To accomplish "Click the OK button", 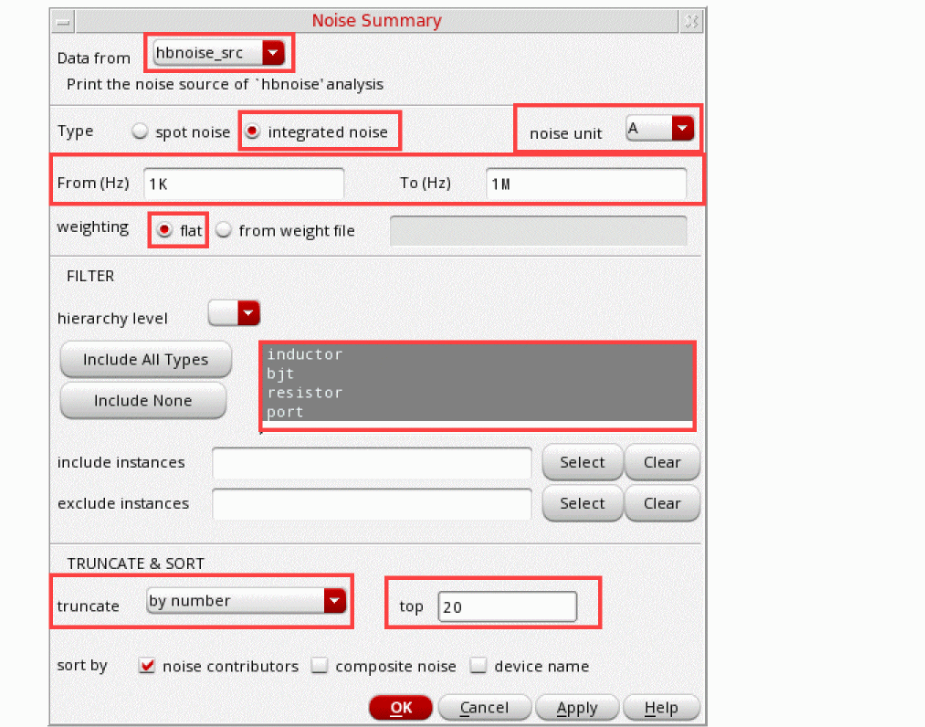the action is pos(401,707).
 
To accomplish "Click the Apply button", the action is pos(577,707).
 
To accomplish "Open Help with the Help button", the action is pos(661,707).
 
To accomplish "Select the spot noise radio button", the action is pos(140,131).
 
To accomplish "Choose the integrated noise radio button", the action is pos(253,131).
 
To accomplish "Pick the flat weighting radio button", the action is pos(164,229).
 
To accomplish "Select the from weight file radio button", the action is pos(224,229).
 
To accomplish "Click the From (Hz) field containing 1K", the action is pos(244,184).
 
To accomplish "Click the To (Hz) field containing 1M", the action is pos(586,184).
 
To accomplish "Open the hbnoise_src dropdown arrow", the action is pos(273,53).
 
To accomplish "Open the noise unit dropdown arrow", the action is pos(682,128).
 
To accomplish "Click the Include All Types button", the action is pos(146,359).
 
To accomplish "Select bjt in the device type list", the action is pos(280,374).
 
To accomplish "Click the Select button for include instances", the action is pos(583,462).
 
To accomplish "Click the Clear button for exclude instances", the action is pos(662,503).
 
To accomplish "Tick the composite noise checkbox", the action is pos(320,666).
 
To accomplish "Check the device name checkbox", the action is pos(478,666).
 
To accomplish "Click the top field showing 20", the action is pos(508,606).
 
